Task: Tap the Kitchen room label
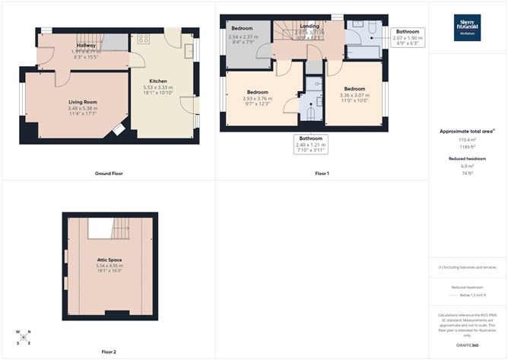[158, 80]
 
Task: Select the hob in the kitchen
[145, 39]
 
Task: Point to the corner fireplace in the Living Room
[119, 131]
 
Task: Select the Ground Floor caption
[109, 174]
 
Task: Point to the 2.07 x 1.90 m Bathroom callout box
[408, 37]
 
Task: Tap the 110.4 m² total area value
[467, 140]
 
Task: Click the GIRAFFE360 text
[468, 346]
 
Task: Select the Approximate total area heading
[467, 131]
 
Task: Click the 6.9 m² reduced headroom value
[467, 166]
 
